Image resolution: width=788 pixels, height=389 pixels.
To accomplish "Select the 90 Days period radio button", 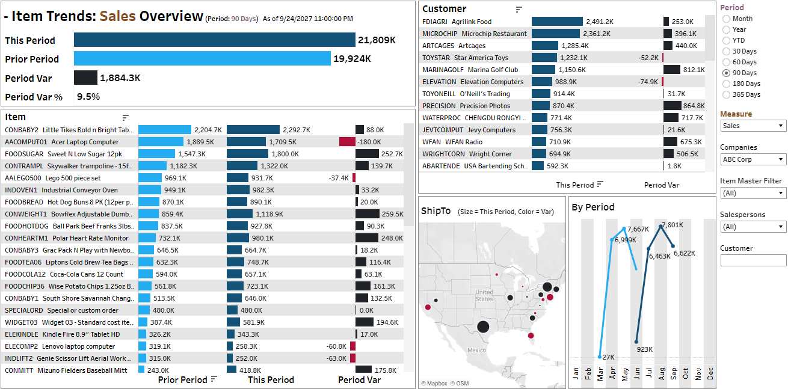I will [727, 73].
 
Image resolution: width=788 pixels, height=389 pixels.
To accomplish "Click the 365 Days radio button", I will [727, 94].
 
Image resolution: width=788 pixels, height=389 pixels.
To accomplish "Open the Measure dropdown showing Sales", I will [753, 126].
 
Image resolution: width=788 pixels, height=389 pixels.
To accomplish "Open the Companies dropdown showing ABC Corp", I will [753, 159].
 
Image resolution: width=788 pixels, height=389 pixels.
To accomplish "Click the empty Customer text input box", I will [753, 260].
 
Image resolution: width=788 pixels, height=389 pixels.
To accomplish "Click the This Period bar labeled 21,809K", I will [214, 40].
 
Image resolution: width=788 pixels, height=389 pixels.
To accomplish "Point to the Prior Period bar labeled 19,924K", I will [202, 59].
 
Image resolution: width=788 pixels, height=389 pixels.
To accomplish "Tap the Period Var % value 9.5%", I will [88, 96].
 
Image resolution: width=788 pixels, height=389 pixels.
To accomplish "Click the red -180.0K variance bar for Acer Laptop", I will [347, 142].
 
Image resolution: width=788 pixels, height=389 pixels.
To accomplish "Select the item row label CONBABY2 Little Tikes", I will [69, 130].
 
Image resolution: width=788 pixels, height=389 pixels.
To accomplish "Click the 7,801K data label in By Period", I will [673, 225].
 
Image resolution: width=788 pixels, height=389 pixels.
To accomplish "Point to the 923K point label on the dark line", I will [644, 349].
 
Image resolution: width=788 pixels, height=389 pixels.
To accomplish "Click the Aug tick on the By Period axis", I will [661, 373].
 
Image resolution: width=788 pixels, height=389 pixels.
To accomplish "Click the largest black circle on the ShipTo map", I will [482, 326].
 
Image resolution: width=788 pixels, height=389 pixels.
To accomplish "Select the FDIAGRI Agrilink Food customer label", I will [457, 22].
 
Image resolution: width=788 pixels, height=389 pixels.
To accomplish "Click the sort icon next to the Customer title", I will [519, 9].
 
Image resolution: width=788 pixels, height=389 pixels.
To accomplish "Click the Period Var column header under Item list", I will [359, 380].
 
